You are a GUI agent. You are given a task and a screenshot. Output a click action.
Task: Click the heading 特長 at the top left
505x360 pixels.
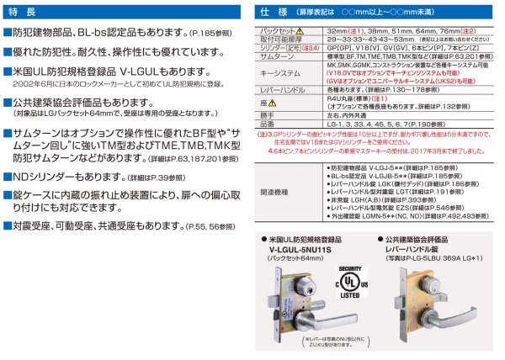click(26, 13)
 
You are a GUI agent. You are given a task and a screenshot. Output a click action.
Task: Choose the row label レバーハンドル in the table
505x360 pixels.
click(287, 88)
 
